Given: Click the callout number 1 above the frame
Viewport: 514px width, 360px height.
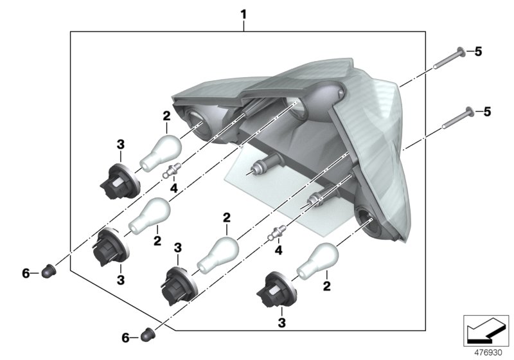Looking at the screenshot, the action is tap(244, 15).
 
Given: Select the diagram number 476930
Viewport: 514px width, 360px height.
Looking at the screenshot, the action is tap(488, 353).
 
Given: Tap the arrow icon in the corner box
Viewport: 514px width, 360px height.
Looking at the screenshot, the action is tap(486, 331).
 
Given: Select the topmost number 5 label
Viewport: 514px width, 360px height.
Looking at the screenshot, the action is tap(478, 51).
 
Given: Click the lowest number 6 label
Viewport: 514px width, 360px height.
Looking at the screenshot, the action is tap(125, 337).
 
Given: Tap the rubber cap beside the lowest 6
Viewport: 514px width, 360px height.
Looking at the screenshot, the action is tap(148, 334).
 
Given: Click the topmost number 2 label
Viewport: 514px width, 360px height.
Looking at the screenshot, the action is tap(166, 116).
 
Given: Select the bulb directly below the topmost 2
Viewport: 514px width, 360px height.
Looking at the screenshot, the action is tap(161, 153).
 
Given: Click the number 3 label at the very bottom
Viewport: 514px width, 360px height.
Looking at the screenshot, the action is tap(281, 323).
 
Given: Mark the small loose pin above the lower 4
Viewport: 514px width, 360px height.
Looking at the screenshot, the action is tap(277, 233).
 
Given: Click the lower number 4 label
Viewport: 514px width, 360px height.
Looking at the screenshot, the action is tap(278, 251).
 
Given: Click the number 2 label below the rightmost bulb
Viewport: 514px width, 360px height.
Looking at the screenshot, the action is tap(326, 286).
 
